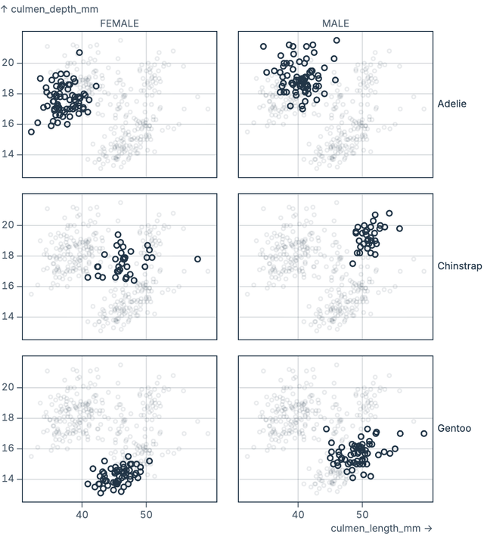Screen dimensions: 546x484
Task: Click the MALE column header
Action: click(336, 23)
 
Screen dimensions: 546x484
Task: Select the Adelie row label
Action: click(452, 104)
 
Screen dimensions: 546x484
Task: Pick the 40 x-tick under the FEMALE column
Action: click(82, 514)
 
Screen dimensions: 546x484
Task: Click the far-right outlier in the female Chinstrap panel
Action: click(197, 259)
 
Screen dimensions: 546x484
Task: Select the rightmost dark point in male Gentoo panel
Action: click(424, 433)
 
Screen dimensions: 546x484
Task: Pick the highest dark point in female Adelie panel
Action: click(79, 53)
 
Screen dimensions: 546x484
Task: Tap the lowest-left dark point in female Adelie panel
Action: click(31, 132)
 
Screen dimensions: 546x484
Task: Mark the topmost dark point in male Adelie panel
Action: click(337, 41)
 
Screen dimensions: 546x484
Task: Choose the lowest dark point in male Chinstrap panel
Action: click(352, 264)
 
